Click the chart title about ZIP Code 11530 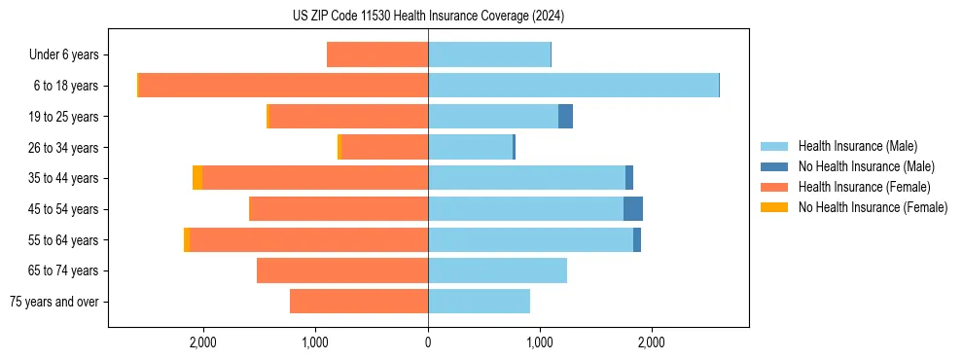click(428, 17)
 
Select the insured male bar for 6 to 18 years click(573, 86)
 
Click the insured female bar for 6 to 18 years click(283, 86)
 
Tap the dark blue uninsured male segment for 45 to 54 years click(633, 209)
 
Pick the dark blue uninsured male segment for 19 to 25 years click(565, 117)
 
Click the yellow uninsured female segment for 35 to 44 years click(197, 178)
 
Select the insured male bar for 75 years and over click(479, 302)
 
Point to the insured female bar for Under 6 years click(377, 54)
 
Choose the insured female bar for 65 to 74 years click(342, 270)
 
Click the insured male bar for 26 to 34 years click(470, 147)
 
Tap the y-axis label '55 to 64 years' click(63, 240)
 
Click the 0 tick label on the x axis click(428, 343)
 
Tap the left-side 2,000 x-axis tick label click(203, 343)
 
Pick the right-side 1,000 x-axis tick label click(540, 343)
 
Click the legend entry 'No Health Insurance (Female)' click(873, 207)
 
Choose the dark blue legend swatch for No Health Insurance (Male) click(774, 166)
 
